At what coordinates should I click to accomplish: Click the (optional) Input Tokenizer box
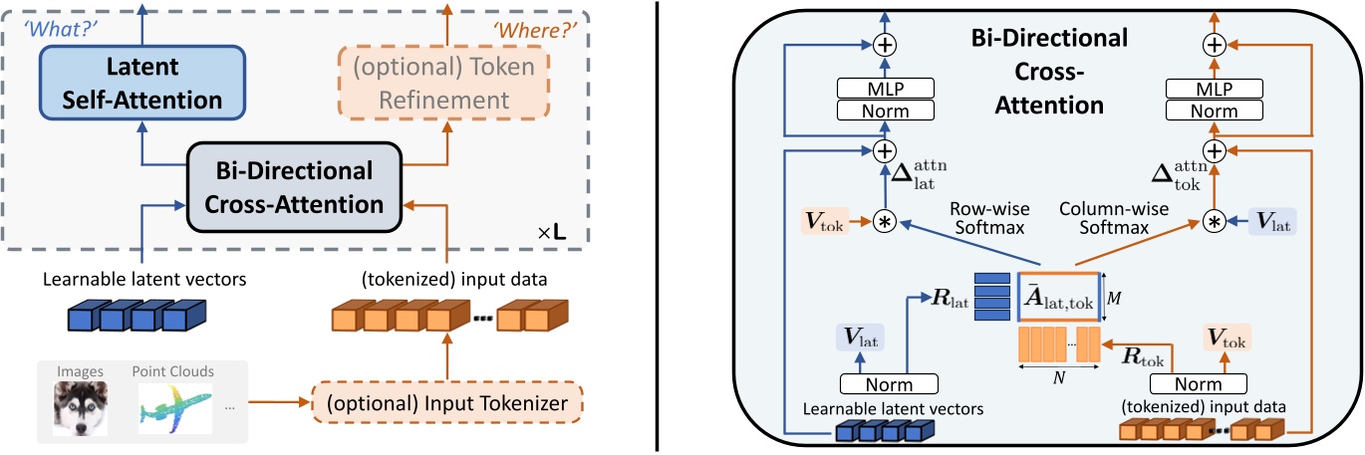click(x=447, y=403)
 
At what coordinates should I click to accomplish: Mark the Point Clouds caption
click(x=172, y=371)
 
